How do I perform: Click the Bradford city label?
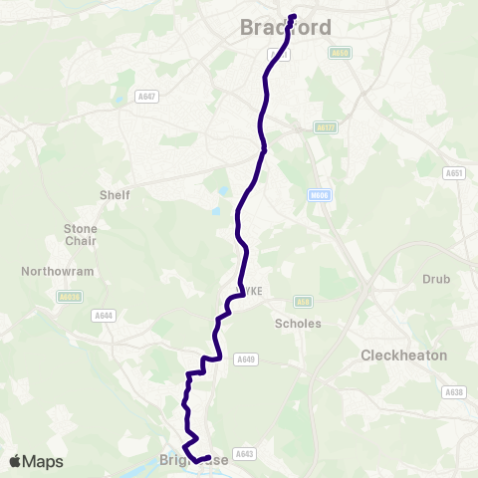pyautogui.click(x=286, y=29)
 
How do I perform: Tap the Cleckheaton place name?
pyautogui.click(x=403, y=355)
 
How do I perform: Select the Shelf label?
pyautogui.click(x=115, y=194)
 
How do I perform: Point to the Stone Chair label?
pyautogui.click(x=81, y=234)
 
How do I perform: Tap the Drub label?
pyautogui.click(x=437, y=279)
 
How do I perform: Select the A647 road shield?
pyautogui.click(x=147, y=97)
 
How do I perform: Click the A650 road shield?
pyautogui.click(x=341, y=53)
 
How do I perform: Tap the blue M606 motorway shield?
pyautogui.click(x=319, y=196)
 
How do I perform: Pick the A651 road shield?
pyautogui.click(x=454, y=173)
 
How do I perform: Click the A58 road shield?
pyautogui.click(x=304, y=301)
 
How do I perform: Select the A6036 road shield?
pyautogui.click(x=68, y=296)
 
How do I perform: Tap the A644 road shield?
pyautogui.click(x=103, y=316)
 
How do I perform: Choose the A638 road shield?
pyautogui.click(x=454, y=392)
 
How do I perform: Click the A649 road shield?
pyautogui.click(x=245, y=359)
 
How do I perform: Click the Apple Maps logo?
pyautogui.click(x=36, y=461)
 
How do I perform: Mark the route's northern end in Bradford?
pyautogui.click(x=294, y=16)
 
